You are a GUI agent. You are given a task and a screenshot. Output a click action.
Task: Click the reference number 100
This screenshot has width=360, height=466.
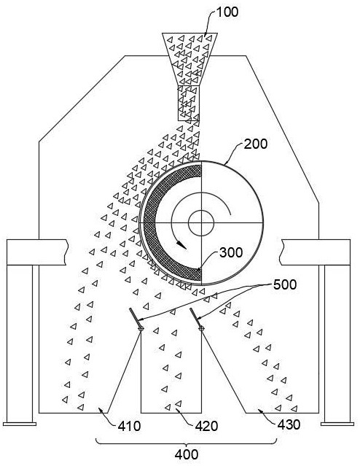tap(227, 12)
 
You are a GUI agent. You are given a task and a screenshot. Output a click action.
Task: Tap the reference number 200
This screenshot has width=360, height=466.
tap(256, 144)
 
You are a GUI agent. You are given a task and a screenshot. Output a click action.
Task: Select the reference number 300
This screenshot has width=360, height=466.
tap(231, 252)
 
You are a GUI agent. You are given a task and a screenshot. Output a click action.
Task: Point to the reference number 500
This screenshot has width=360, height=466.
tap(285, 284)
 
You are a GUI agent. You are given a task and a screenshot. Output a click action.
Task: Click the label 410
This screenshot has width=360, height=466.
tap(129, 427)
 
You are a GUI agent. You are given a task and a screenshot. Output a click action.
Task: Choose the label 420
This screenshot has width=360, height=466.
tap(207, 427)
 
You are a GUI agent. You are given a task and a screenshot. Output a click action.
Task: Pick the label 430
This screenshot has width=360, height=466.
tap(289, 424)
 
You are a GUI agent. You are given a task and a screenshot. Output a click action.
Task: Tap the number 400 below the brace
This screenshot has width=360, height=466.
tap(187, 455)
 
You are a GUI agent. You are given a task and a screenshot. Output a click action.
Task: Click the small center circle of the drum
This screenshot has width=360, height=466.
tap(201, 223)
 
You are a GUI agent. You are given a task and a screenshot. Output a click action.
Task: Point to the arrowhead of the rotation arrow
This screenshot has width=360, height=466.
tap(181, 245)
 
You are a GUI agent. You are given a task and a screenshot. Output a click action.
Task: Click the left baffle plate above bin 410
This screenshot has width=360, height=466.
tap(135, 317)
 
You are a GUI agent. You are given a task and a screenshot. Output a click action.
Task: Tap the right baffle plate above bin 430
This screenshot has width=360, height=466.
tap(195, 317)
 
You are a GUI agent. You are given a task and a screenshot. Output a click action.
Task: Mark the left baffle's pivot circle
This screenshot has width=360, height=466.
tap(141, 328)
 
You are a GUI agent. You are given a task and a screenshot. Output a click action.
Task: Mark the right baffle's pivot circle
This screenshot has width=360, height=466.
tap(201, 328)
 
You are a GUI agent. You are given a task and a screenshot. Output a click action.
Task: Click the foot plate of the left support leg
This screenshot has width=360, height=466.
tap(20, 424)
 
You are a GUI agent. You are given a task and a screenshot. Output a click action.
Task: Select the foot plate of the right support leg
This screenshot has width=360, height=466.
tap(337, 424)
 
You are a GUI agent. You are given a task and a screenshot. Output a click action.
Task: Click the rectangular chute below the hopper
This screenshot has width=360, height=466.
tap(189, 103)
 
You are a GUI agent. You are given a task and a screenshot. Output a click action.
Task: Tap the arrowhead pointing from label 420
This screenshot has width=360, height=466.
tap(177, 411)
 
